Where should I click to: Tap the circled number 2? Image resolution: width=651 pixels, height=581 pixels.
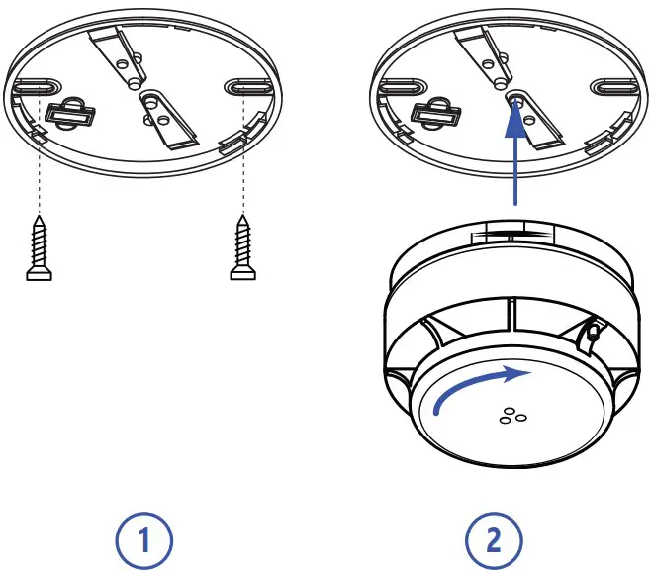492,541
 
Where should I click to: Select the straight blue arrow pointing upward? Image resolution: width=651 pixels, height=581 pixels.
514,148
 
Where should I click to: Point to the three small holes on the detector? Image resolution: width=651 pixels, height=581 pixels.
512,416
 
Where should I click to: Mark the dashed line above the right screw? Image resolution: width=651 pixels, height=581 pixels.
241,168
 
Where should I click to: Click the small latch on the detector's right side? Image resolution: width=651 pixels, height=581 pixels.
591,332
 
